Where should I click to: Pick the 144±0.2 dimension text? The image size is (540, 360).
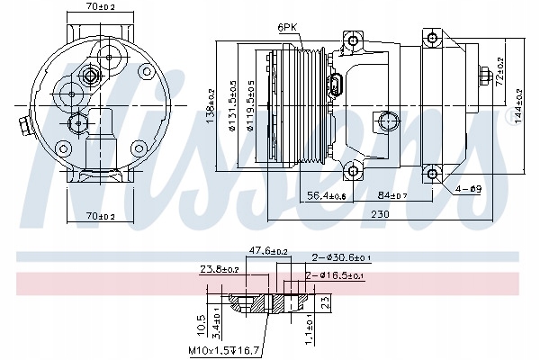[x=520, y=101]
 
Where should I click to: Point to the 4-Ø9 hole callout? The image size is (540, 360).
[x=467, y=188]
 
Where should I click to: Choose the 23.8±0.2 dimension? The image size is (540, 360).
[x=220, y=268]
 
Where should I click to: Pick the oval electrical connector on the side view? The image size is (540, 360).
[x=335, y=88]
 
